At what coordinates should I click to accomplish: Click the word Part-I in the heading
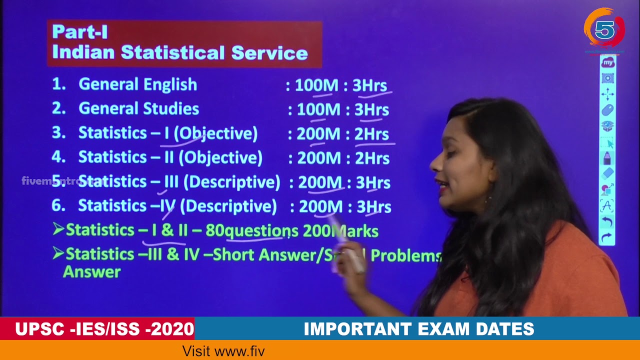[x=80, y=32]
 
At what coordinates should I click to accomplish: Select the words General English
[x=137, y=84]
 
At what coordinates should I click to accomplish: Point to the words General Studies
[x=138, y=108]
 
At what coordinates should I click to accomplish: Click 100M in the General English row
[x=316, y=85]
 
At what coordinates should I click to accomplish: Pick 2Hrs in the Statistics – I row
[x=371, y=133]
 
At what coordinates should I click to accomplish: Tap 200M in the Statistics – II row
[x=319, y=158]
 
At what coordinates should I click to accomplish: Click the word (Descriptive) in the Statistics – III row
[x=231, y=182]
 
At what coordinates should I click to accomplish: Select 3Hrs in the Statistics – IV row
[x=373, y=206]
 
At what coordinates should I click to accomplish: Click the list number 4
[x=58, y=157]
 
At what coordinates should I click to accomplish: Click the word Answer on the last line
[x=92, y=272]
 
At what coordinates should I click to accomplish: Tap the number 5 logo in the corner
[x=604, y=30]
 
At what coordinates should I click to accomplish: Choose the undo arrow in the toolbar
[x=607, y=221]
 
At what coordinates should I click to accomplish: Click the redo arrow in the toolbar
[x=607, y=237]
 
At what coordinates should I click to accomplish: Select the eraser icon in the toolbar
[x=607, y=173]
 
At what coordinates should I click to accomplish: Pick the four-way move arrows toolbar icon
[x=607, y=93]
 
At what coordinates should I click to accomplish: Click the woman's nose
[x=433, y=166]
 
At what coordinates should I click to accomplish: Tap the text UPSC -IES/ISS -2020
[x=104, y=329]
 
